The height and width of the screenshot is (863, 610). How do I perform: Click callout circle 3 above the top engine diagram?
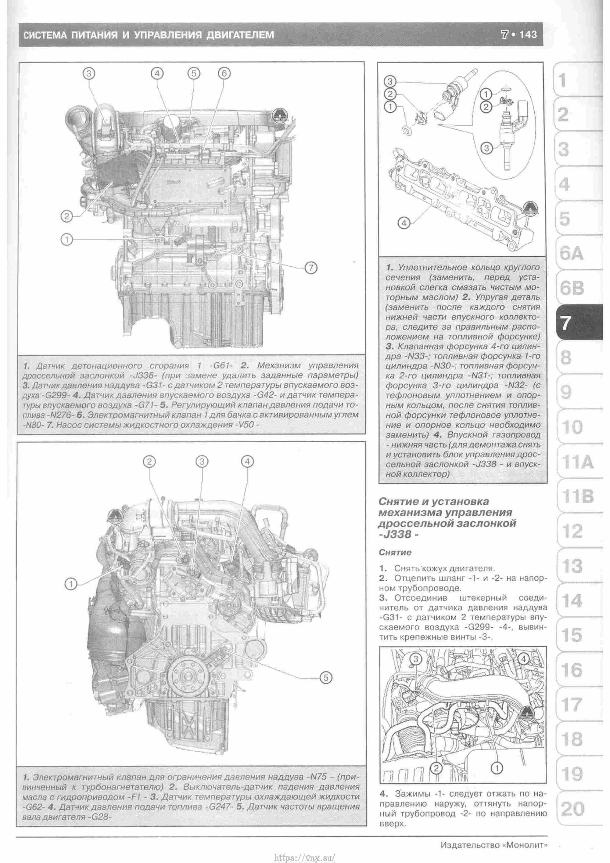coord(89,73)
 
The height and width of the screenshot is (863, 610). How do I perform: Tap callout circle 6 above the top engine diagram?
coord(224,73)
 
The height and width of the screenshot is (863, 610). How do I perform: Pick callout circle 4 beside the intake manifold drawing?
coord(404,223)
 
